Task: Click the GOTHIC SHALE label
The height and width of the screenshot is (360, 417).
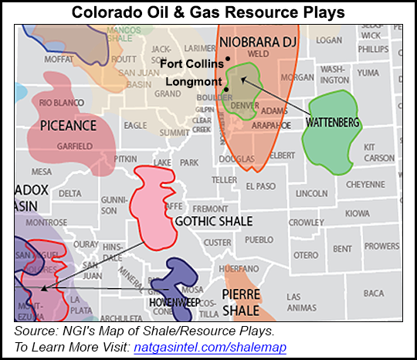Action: click(214, 222)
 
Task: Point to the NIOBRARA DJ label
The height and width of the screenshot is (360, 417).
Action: click(254, 39)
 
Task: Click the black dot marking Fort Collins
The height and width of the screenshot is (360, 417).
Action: click(229, 59)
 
